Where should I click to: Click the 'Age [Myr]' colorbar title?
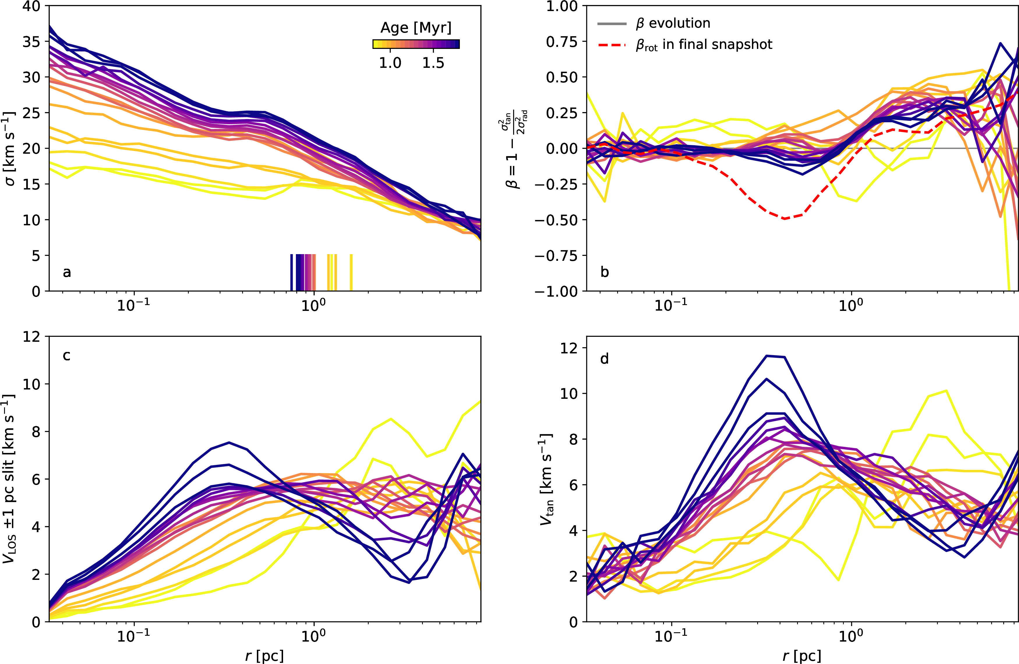click(x=416, y=28)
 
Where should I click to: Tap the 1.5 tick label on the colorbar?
click(x=433, y=63)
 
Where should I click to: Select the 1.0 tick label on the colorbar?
click(x=390, y=63)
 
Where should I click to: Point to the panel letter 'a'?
click(x=67, y=272)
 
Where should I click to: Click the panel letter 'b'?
click(x=605, y=272)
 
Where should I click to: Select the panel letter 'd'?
click(x=605, y=359)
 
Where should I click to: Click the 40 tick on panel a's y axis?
click(x=31, y=6)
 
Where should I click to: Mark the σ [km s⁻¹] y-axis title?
click(x=9, y=149)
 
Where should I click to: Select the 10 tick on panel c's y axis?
click(x=31, y=384)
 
